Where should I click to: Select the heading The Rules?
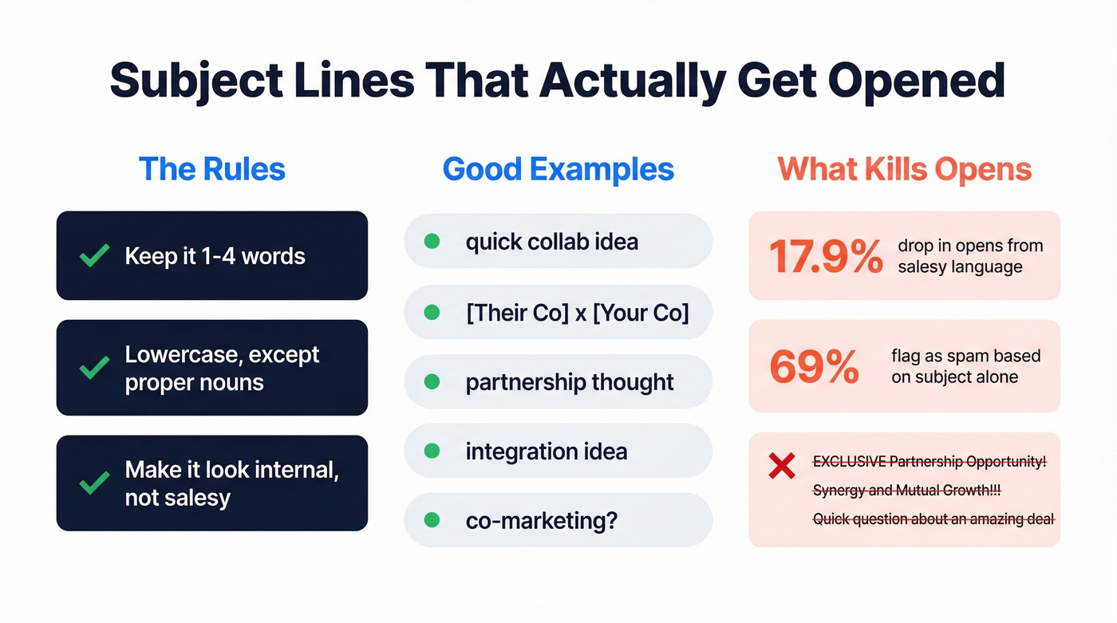click(x=211, y=169)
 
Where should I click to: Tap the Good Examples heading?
click(x=558, y=169)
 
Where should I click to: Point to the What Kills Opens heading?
click(x=905, y=169)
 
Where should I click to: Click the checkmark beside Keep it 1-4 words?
click(x=95, y=256)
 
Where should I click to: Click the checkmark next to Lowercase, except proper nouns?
click(x=95, y=368)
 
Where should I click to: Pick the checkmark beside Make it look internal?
click(x=95, y=483)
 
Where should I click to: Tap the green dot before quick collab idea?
click(x=432, y=242)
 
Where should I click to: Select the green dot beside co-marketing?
click(x=432, y=521)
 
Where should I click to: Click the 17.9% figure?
click(x=826, y=256)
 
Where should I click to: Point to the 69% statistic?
click(x=814, y=366)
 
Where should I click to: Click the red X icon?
click(x=781, y=466)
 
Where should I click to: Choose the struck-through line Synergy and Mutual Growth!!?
click(x=906, y=491)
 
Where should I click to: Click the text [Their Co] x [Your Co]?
click(x=577, y=312)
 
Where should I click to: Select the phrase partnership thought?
click(x=570, y=382)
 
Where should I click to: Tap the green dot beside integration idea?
click(x=432, y=451)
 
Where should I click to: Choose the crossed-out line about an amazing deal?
click(x=933, y=519)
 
